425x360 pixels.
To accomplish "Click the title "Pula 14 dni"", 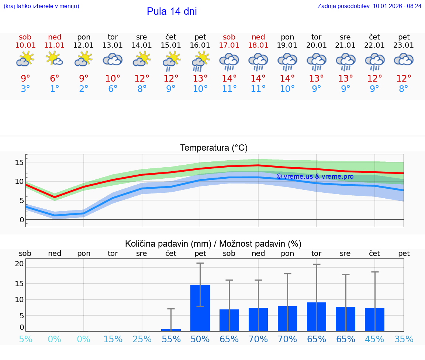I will pos(172,11).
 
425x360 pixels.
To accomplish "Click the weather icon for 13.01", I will pos(113,59).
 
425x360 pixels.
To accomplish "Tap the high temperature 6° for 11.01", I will pos(55,79).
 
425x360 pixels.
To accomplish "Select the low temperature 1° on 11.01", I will pos(55,89).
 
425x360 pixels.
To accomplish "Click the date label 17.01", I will pos(229,45).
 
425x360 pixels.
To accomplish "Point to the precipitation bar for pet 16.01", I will pos(200,308).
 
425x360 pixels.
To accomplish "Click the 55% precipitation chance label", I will pos(171,339).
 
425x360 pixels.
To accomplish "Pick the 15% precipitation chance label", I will pos(113,339).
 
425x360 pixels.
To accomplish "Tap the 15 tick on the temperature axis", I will pos(20,162).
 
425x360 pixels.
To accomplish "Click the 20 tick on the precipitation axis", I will pos(20,264).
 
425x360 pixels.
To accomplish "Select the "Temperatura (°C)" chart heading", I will pos(214,148).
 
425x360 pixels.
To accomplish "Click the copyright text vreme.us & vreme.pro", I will pos(315,176).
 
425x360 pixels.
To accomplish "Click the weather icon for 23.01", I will pos(404,59).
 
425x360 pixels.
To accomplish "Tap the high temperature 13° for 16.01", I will pos(200,79).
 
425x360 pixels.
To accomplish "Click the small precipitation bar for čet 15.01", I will pos(171,330).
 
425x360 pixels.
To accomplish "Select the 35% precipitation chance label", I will pos(404,339).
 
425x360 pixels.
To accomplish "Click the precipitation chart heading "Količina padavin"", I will pos(213,244).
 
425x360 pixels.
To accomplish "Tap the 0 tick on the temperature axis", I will pos(22,220).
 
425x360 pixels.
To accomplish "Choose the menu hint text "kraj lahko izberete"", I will pos(41,6).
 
